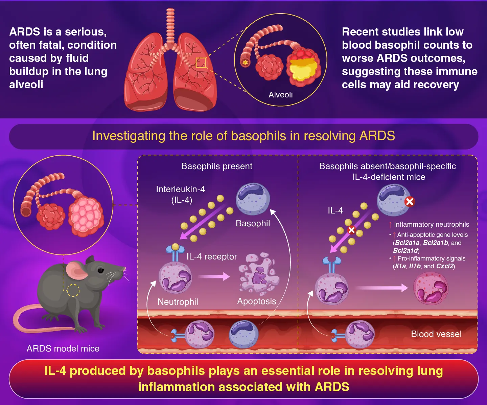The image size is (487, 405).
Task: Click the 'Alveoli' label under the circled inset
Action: (280, 95)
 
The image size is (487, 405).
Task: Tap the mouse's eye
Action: (100, 270)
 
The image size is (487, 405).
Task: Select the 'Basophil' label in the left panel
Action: (253, 223)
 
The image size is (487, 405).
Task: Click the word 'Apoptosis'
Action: (257, 301)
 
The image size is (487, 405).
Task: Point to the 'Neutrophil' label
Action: (178, 302)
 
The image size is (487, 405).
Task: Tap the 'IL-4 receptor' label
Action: (212, 256)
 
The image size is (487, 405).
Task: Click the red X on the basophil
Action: (410, 202)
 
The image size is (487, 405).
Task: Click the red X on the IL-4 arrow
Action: (352, 230)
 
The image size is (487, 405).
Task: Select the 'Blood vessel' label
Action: (436, 334)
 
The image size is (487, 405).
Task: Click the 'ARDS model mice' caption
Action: (63, 348)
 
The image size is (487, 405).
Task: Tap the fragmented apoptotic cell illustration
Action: (259, 273)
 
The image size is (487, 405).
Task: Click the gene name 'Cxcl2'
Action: (444, 266)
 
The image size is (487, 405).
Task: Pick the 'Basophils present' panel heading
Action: (217, 166)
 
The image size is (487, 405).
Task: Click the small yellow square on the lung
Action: (201, 63)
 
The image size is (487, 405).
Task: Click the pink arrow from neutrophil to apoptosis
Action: (214, 277)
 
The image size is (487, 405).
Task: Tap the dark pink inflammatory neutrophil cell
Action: (431, 289)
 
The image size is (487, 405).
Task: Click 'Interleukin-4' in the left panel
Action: (180, 189)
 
